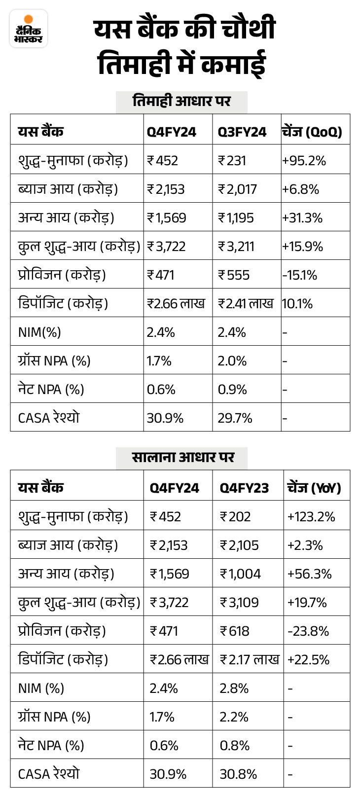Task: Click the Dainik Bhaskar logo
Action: pyautogui.click(x=28, y=29)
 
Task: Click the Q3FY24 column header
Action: pyautogui.click(x=242, y=132)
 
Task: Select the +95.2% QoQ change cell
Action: pyautogui.click(x=304, y=161)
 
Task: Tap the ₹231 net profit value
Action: pyautogui.click(x=232, y=161)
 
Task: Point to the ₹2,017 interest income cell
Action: pyautogui.click(x=237, y=189)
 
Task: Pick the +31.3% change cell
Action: pyautogui.click(x=302, y=218)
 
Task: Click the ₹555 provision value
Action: pyautogui.click(x=233, y=275)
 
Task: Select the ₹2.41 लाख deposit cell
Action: pyautogui.click(x=246, y=303)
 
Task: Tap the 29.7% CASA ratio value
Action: pyautogui.click(x=235, y=418)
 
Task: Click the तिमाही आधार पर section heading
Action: pyautogui.click(x=181, y=102)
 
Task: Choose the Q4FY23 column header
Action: pyautogui.click(x=244, y=488)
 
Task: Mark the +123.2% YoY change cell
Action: pyautogui.click(x=311, y=517)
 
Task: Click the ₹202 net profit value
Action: pyautogui.click(x=235, y=517)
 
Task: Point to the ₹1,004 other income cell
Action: pyautogui.click(x=240, y=574)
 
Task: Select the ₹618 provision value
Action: pyautogui.click(x=235, y=631)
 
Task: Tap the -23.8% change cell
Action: pyautogui.click(x=308, y=631)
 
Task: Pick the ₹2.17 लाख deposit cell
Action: pyautogui.click(x=250, y=660)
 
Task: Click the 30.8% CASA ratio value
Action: pyautogui.click(x=238, y=774)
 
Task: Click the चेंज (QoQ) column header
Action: pyautogui.click(x=312, y=132)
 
